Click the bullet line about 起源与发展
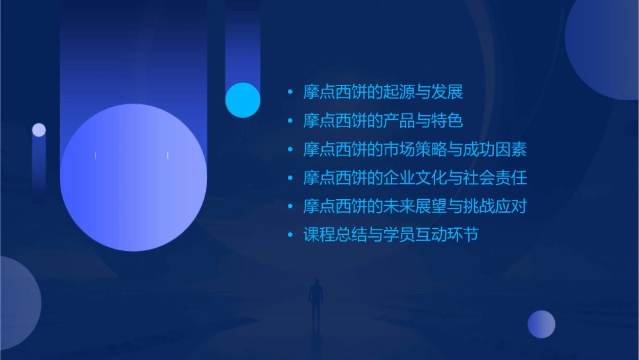click(x=383, y=92)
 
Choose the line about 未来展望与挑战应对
click(x=414, y=207)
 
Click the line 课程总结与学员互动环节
click(x=391, y=236)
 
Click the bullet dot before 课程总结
click(x=290, y=236)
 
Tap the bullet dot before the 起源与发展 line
click(x=290, y=92)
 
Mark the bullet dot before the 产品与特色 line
click(x=290, y=121)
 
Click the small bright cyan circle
click(x=243, y=100)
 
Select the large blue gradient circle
click(x=133, y=178)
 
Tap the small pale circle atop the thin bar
click(x=39, y=130)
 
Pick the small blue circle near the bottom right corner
click(x=541, y=324)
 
